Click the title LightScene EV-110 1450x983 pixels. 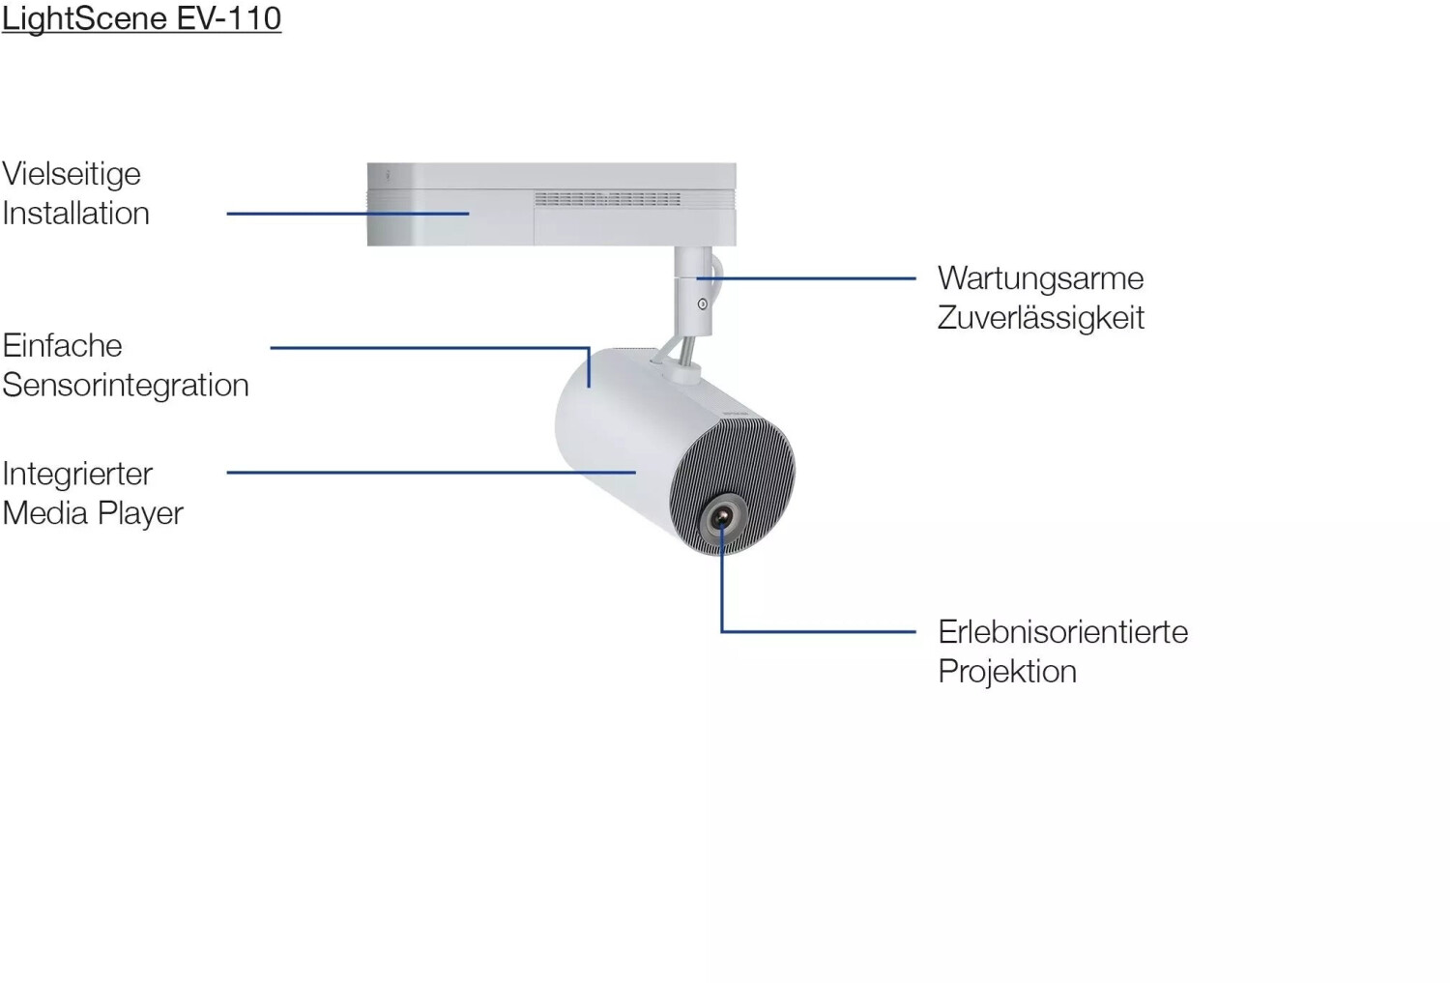coord(141,18)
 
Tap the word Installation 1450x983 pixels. coord(75,213)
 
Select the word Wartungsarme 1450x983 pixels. coord(1040,279)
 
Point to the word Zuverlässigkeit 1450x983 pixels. coord(1040,318)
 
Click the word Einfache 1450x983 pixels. coord(62,346)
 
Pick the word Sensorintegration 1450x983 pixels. coord(126,386)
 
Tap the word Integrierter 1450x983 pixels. coord(77,475)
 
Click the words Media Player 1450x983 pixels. coord(93,513)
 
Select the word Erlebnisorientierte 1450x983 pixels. coord(1063,632)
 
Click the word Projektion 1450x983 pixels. coord(1007,672)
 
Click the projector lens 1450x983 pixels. coord(722,517)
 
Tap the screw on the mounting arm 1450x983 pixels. coord(703,304)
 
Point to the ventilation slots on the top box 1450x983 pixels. coord(607,199)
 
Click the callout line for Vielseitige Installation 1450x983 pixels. coord(348,214)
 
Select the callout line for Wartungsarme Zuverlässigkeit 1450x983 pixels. coord(806,278)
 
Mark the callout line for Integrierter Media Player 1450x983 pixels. coord(431,473)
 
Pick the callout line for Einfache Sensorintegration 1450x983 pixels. coord(430,348)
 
